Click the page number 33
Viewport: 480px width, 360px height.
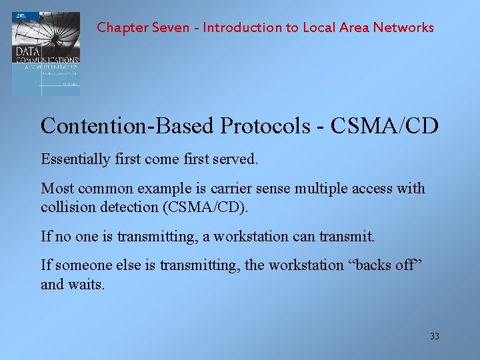point(434,337)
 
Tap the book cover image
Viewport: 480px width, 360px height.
point(45,53)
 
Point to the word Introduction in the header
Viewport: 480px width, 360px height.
point(243,27)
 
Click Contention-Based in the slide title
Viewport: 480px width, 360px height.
point(127,125)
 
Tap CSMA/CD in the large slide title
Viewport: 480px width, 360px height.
point(393,125)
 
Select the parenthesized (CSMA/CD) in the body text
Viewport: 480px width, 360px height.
point(205,207)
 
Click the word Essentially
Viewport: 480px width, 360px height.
point(75,159)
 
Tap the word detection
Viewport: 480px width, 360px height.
point(125,207)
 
